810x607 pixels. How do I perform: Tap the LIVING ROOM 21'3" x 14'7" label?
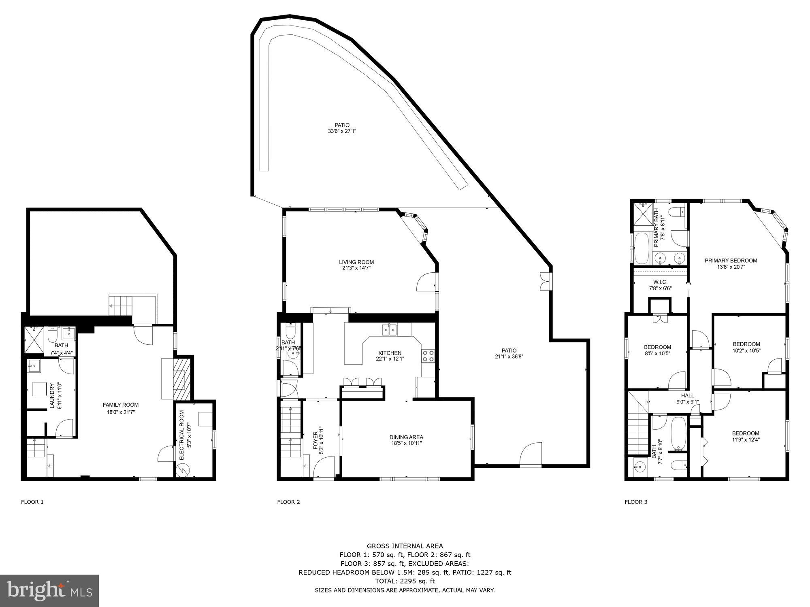(356, 265)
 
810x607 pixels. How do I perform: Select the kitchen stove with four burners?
(428, 356)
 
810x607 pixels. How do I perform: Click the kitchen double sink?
(389, 330)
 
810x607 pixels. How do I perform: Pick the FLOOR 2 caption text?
(288, 502)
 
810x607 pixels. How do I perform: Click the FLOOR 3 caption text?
(636, 502)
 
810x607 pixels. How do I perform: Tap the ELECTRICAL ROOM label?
(184, 435)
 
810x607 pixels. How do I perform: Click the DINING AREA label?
(406, 440)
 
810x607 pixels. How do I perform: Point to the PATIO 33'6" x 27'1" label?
(342, 128)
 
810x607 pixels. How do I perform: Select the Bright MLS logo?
(49, 590)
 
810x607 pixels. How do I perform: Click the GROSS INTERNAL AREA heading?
(405, 546)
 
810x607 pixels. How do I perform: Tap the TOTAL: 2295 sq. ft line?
(405, 581)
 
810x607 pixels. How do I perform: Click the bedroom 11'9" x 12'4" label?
(746, 436)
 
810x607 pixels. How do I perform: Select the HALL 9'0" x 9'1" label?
(687, 399)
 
